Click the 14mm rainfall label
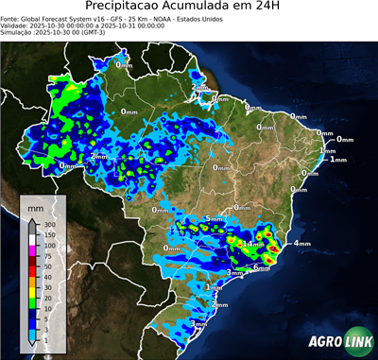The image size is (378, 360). point(253,244)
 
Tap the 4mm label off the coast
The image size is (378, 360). point(302,244)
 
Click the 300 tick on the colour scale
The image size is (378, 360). point(48,224)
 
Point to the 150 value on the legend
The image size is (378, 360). point(48,234)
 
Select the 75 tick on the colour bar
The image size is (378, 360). point(48,255)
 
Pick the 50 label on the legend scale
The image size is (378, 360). point(48,266)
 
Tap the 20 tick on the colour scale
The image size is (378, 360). point(48,298)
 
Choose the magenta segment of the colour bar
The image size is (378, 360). point(32,250)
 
